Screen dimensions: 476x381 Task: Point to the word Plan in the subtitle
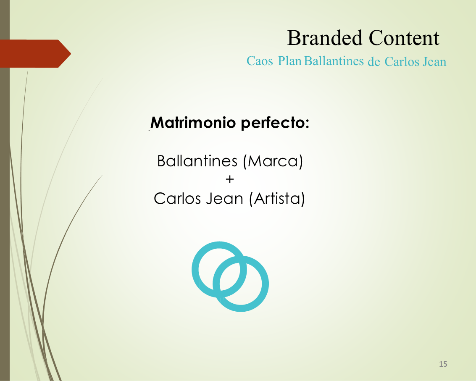[289, 61]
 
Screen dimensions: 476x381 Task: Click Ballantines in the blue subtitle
[334, 61]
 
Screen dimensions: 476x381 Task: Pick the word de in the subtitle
[374, 62]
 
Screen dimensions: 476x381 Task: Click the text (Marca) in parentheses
[273, 161]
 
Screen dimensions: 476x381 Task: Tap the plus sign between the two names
[230, 179]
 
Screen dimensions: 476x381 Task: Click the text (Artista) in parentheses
[277, 199]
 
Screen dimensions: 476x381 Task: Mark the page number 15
[443, 364]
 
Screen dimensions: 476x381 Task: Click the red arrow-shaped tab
[35, 54]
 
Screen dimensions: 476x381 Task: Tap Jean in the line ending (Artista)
[225, 199]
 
